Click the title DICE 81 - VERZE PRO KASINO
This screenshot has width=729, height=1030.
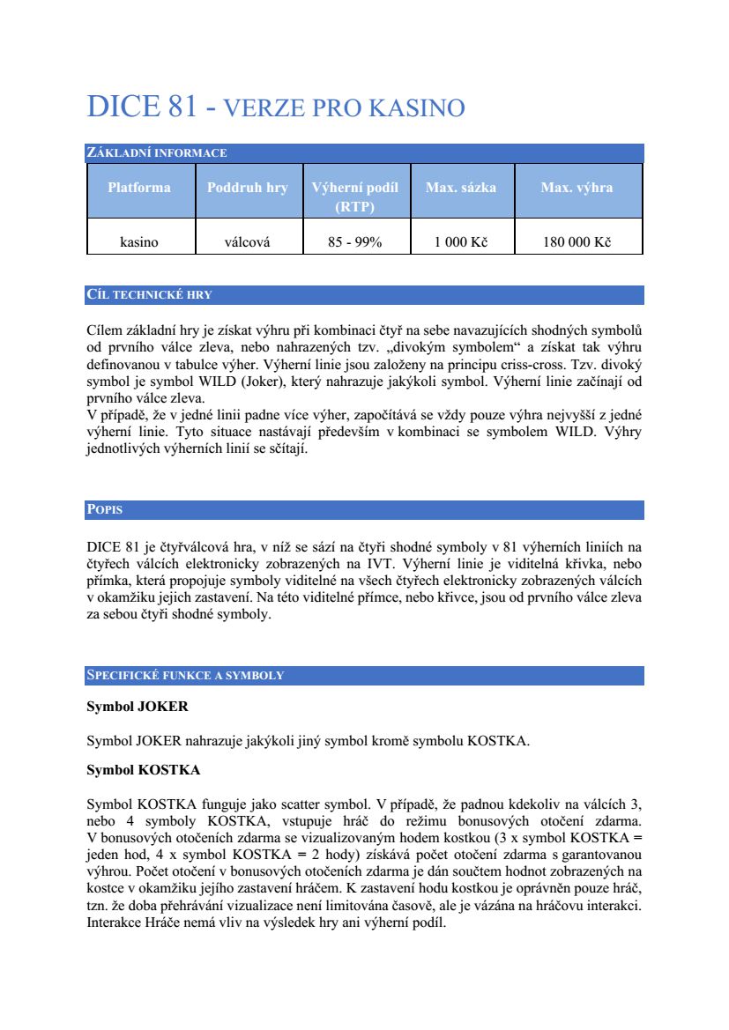(x=275, y=107)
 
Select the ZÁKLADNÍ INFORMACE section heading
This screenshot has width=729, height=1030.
(x=156, y=153)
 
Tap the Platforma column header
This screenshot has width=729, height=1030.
(x=139, y=188)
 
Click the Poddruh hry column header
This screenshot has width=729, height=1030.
(x=248, y=188)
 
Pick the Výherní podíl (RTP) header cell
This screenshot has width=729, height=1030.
(x=355, y=197)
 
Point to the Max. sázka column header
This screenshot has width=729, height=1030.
(x=461, y=188)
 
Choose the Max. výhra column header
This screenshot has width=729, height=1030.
(x=577, y=188)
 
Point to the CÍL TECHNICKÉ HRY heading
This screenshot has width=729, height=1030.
(x=149, y=294)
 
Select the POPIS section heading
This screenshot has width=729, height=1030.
(x=104, y=510)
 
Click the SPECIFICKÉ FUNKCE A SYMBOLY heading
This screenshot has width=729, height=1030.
(x=185, y=676)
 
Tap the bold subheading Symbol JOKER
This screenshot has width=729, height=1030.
(x=137, y=707)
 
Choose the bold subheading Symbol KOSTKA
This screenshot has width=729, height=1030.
(x=143, y=770)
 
